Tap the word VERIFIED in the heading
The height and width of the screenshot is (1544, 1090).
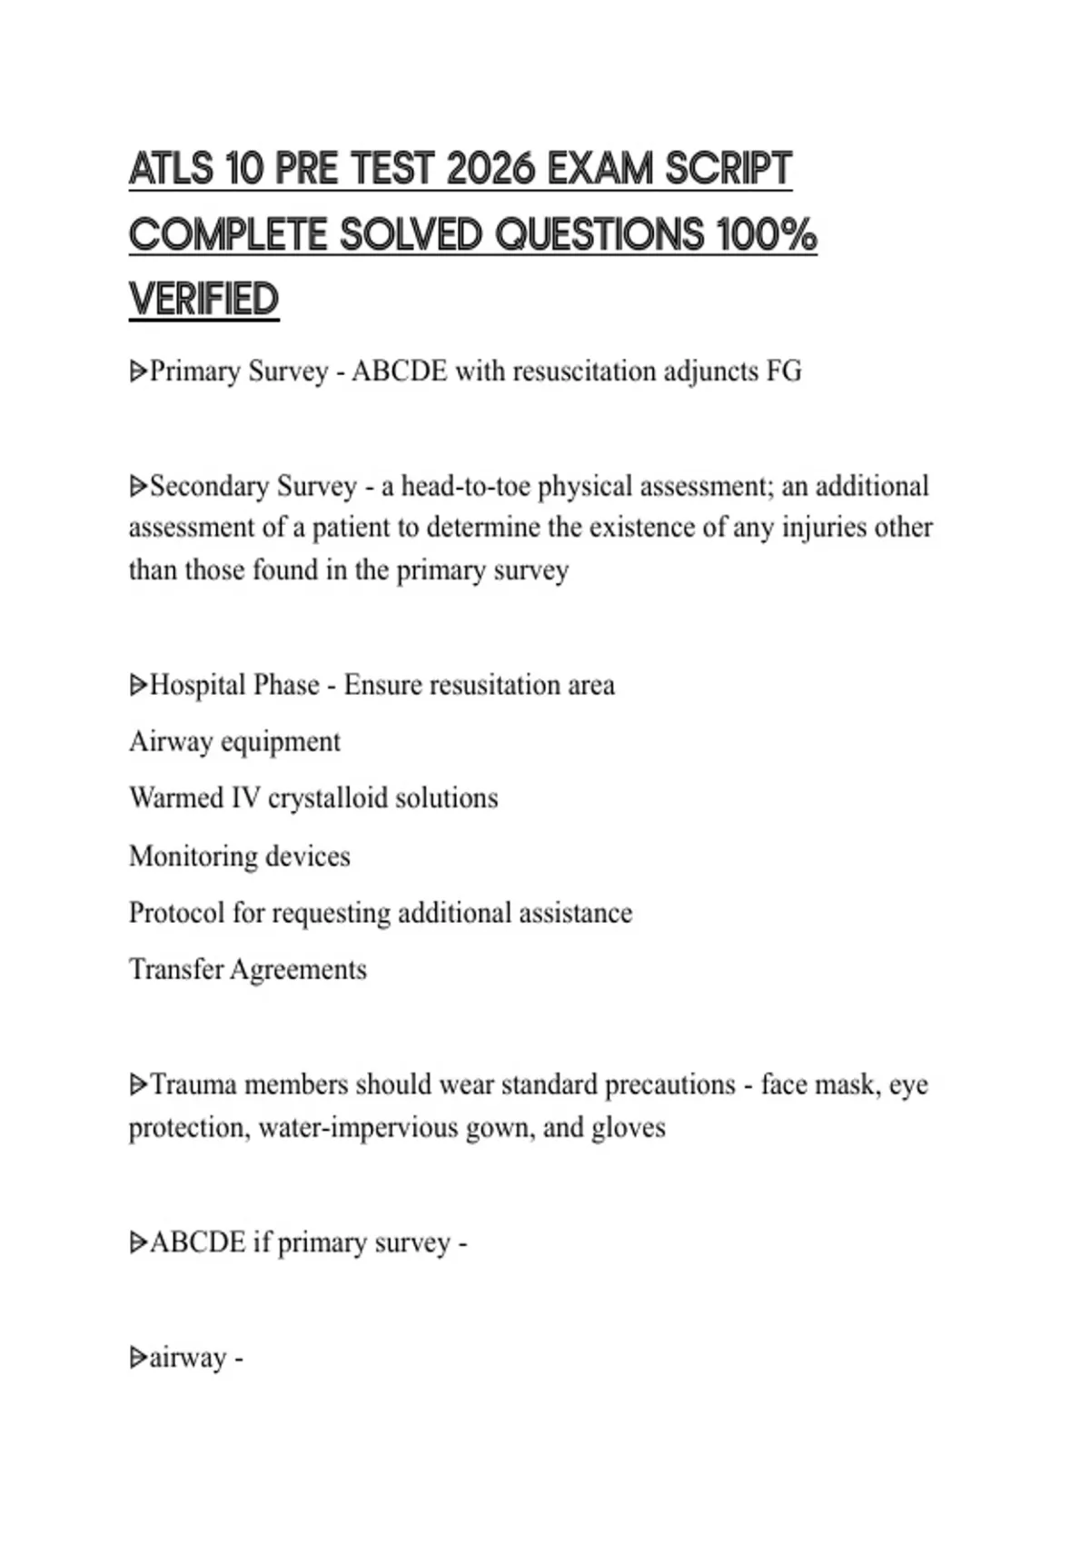coord(203,300)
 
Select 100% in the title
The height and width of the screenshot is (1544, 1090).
coord(767,235)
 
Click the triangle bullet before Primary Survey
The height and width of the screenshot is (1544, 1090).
coord(138,371)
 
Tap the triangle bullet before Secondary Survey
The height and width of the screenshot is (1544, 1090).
coord(138,487)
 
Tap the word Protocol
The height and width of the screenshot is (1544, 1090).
coord(176,913)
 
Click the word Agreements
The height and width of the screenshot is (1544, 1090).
coord(298,969)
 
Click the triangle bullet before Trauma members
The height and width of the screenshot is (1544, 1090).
coord(138,1084)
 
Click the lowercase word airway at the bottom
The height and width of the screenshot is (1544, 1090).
coord(188,1358)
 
